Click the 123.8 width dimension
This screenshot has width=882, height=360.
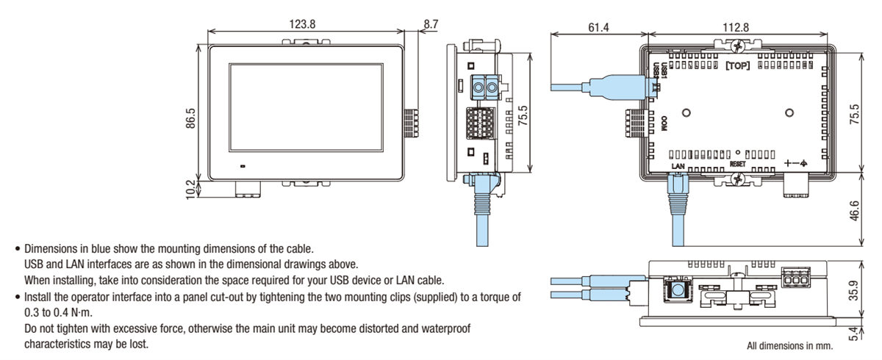pyautogui.click(x=302, y=24)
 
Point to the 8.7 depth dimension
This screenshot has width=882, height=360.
pyautogui.click(x=430, y=24)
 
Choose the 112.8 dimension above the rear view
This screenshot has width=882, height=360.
pyautogui.click(x=735, y=27)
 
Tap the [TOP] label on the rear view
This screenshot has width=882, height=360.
pyautogui.click(x=737, y=65)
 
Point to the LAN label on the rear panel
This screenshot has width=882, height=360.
pyautogui.click(x=678, y=167)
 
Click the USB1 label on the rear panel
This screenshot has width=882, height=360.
pyautogui.click(x=664, y=71)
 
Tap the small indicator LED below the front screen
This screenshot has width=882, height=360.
pyautogui.click(x=242, y=166)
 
